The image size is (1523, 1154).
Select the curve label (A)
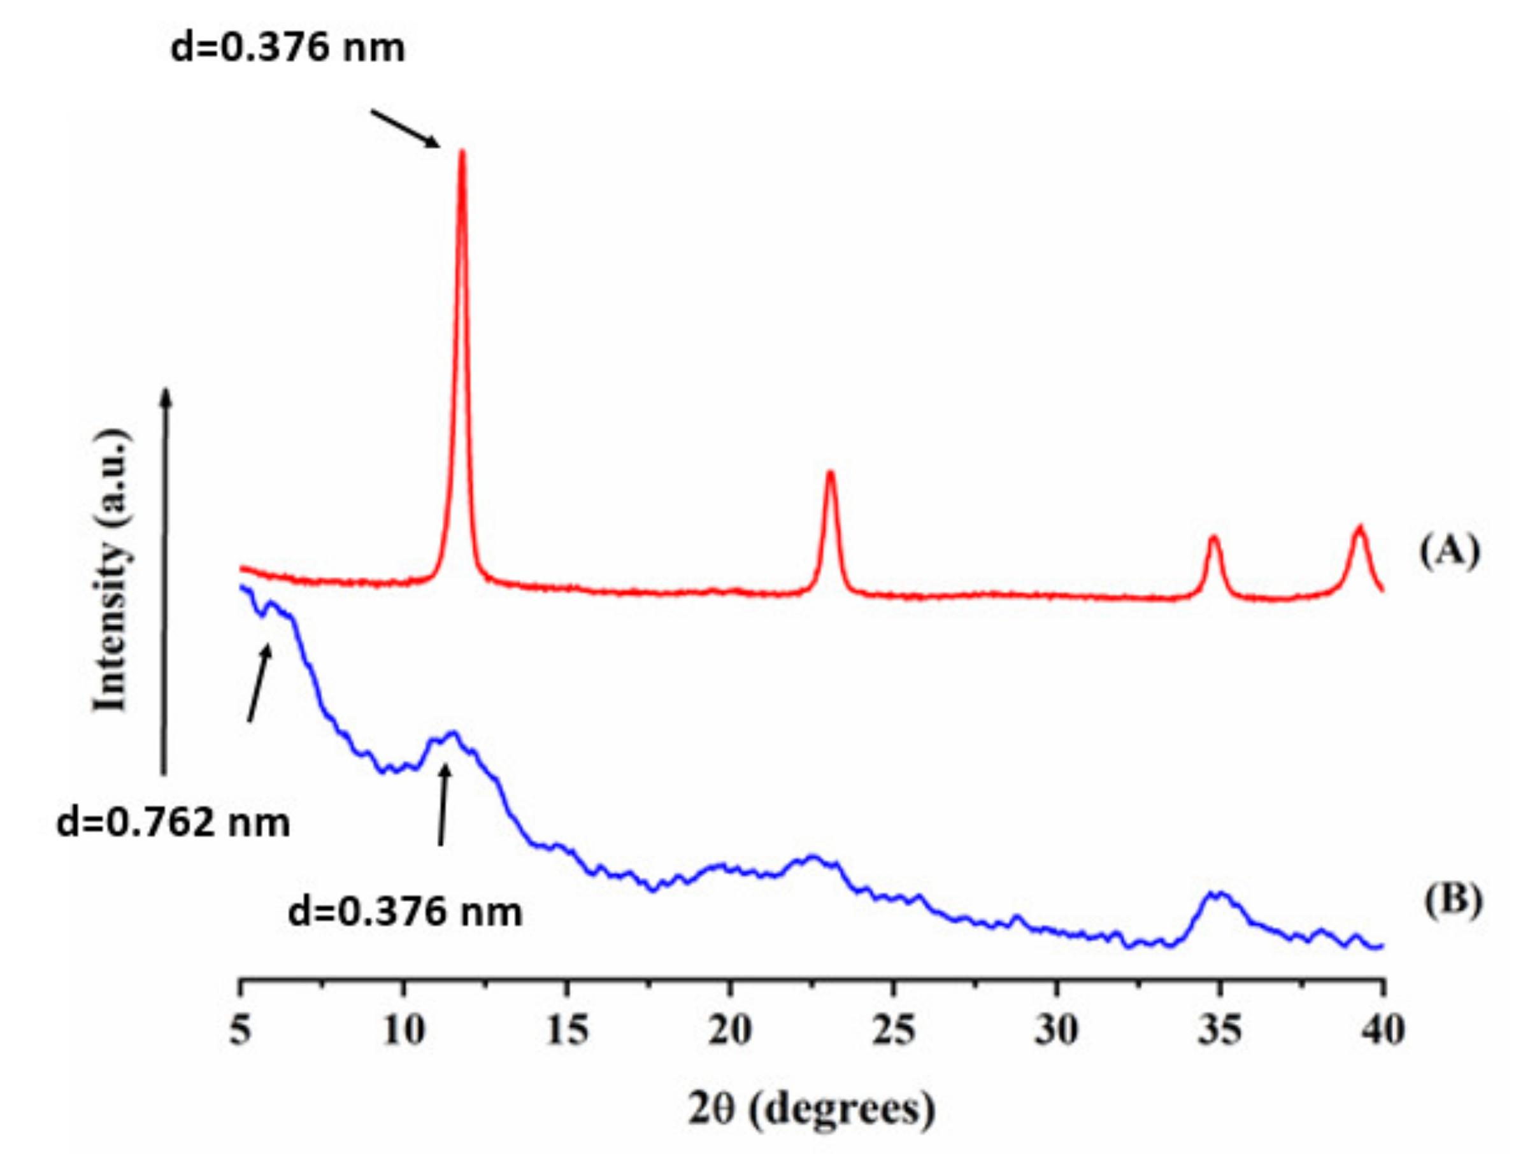pos(1449,553)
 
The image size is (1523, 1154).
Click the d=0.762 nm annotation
pos(173,823)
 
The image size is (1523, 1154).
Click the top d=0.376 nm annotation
pos(288,48)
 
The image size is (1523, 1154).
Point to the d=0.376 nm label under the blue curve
pos(405,913)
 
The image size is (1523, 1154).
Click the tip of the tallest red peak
pos(462,151)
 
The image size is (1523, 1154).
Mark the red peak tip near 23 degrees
pos(831,473)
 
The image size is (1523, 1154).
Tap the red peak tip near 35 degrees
pos(1213,537)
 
